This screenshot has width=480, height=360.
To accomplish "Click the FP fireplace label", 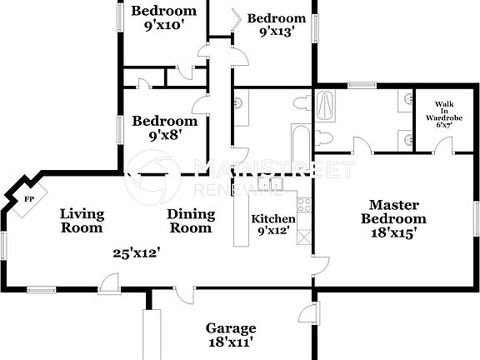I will point(29,200).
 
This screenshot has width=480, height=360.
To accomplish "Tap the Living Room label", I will point(82,221).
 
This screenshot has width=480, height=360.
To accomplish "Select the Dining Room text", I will point(192,221).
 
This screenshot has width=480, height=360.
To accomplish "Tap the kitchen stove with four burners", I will point(305,203).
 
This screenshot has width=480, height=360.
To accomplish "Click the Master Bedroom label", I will point(398,212).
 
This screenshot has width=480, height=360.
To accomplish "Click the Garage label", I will point(231,328).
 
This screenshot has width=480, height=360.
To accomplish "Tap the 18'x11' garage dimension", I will point(230,342).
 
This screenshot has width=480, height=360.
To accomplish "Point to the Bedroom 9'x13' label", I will point(276,26).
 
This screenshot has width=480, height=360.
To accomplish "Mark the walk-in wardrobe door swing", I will point(444,147).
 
